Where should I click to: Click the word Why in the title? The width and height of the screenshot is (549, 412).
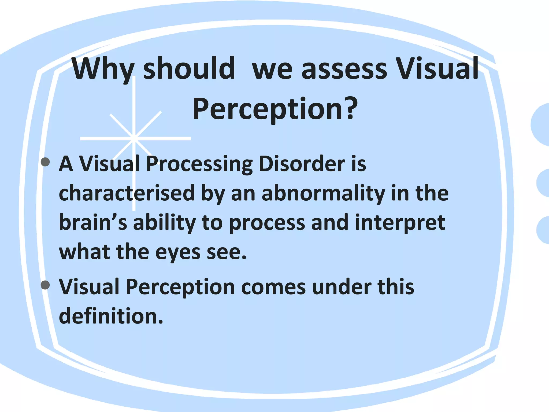coord(103,69)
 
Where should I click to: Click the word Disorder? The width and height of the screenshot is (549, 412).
coord(302,164)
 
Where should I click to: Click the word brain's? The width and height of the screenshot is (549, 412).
coord(93,222)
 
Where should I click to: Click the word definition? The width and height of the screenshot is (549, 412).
coord(111,316)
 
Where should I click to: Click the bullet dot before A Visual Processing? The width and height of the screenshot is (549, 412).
coord(46,162)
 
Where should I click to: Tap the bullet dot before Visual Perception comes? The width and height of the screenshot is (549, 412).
coord(46,285)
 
